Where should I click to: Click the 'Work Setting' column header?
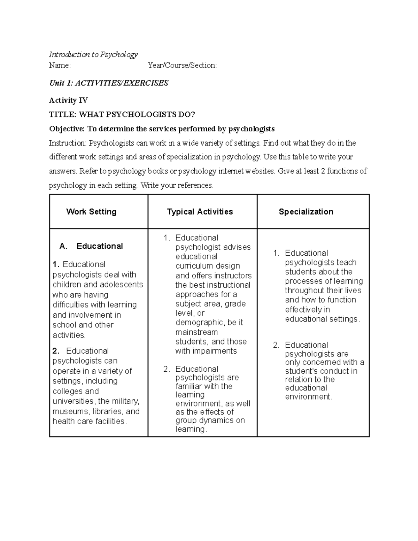pyautogui.click(x=91, y=212)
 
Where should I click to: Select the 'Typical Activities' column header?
pyautogui.click(x=200, y=212)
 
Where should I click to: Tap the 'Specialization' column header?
pyautogui.click(x=306, y=212)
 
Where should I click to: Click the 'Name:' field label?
pyautogui.click(x=60, y=65)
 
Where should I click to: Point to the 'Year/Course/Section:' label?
pyautogui.click(x=182, y=65)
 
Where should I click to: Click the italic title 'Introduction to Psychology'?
pyautogui.click(x=93, y=54)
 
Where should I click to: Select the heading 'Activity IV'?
pyautogui.click(x=68, y=100)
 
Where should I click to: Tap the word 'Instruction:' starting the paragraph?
pyautogui.click(x=68, y=143)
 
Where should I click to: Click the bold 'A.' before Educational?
pyautogui.click(x=63, y=246)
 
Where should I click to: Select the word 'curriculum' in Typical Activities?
pyautogui.click(x=193, y=266)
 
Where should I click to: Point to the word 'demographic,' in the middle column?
pyautogui.click(x=200, y=323)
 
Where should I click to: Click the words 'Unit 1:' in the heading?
pyautogui.click(x=61, y=83)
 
